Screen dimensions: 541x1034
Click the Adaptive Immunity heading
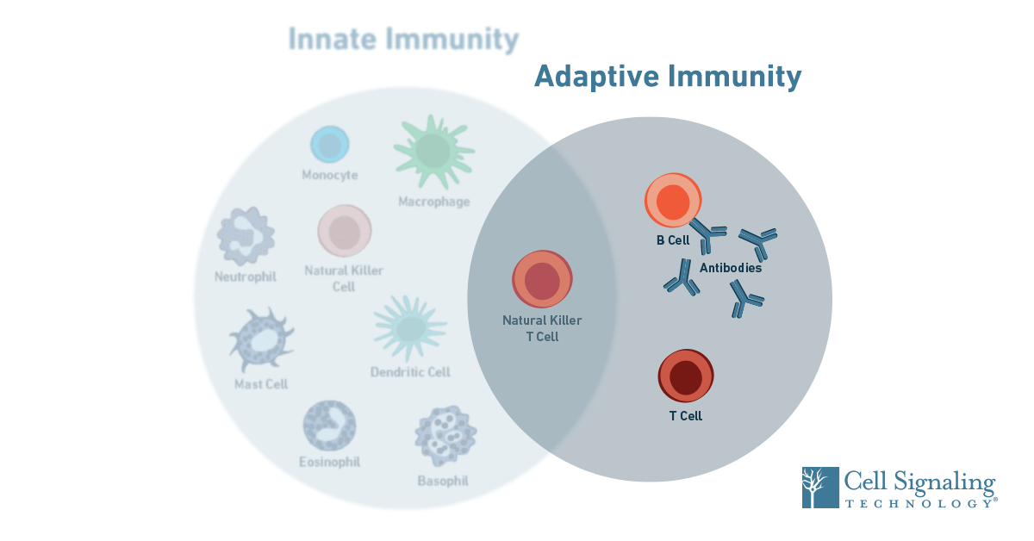coord(668,77)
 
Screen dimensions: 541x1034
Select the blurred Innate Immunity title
coord(403,40)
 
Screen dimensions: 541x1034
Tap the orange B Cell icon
coord(673,202)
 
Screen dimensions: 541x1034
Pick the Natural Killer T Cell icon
coord(543,280)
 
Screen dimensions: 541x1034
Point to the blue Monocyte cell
coord(330,145)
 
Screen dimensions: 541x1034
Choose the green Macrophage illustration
coord(433,152)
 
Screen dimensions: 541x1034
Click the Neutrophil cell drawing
coord(246,235)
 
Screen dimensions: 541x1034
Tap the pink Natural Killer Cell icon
coord(345,231)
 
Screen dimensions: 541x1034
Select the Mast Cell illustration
coord(260,339)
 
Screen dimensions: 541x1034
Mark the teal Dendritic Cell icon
coord(410,327)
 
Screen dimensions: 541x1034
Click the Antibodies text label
coord(730,268)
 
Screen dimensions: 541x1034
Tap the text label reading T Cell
coord(686,416)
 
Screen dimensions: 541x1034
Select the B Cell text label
coord(673,240)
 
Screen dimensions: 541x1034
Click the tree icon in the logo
coord(819,488)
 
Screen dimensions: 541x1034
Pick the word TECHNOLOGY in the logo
coord(917,502)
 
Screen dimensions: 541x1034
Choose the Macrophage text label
coord(434,202)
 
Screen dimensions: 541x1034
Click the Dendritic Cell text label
coord(410,372)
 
